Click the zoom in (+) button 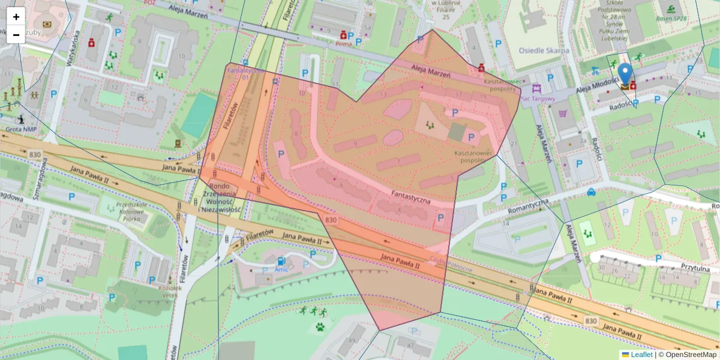16,17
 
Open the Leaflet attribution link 641,355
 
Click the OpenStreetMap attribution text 691,355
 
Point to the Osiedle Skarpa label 543,50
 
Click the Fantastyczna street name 411,197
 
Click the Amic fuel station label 281,269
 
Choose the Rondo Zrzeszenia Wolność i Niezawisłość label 221,197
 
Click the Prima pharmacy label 343,44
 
